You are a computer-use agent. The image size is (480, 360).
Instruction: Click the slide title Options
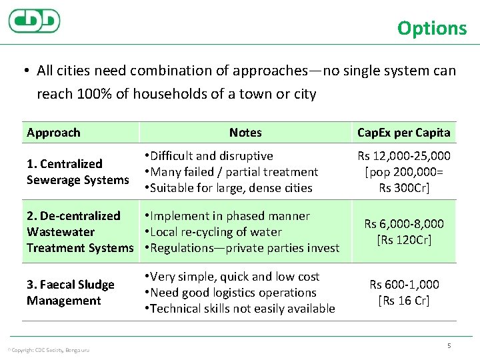(432, 28)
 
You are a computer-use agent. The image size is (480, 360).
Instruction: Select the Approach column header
(53, 133)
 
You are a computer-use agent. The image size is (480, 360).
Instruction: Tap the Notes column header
(245, 133)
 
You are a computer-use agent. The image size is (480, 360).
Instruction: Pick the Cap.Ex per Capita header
(403, 133)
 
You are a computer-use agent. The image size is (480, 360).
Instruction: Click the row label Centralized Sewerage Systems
(77, 172)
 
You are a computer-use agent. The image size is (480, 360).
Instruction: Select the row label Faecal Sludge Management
(71, 293)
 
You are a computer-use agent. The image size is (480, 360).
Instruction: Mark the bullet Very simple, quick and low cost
(235, 277)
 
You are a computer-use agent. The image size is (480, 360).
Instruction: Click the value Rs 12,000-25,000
(404, 156)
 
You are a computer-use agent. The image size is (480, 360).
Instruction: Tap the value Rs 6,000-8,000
(404, 224)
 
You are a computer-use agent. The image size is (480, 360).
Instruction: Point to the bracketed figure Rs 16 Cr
(404, 301)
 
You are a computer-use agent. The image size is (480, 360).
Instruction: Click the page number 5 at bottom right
(449, 345)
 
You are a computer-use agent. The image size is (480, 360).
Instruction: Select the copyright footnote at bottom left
(47, 350)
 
